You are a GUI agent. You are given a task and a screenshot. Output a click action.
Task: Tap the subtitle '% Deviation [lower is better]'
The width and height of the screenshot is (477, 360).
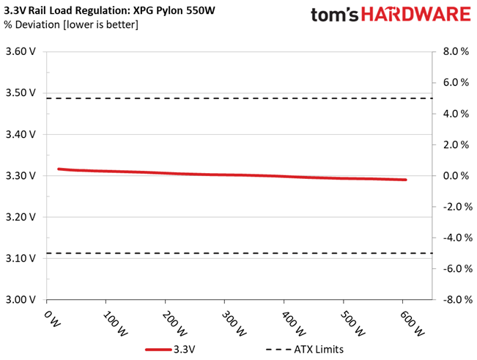tap(67, 25)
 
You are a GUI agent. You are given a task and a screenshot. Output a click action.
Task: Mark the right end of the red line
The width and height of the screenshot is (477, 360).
tap(405, 180)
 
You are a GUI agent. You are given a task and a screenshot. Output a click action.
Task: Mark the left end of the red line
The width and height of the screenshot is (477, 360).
tap(59, 169)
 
